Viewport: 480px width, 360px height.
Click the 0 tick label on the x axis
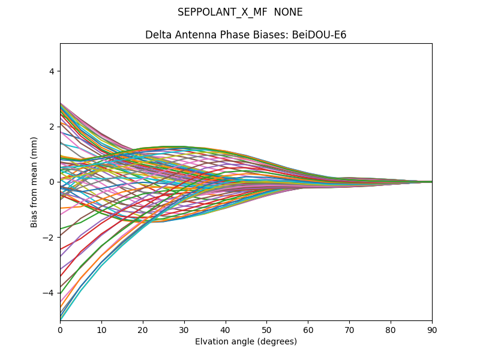60,329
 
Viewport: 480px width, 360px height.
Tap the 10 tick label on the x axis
101,329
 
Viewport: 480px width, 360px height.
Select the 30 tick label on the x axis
184,329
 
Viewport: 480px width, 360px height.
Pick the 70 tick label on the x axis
349,329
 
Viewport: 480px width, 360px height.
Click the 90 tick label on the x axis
432,329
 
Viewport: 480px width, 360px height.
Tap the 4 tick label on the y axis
52,71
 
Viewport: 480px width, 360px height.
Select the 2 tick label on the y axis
52,127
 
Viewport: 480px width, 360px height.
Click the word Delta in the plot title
157,35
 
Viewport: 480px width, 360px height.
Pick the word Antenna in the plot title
193,35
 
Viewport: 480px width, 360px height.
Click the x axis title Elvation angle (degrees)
246,341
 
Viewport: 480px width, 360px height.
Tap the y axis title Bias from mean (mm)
35,182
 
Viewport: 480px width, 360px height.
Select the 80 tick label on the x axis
391,329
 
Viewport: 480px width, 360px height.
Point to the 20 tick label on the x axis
143,329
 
